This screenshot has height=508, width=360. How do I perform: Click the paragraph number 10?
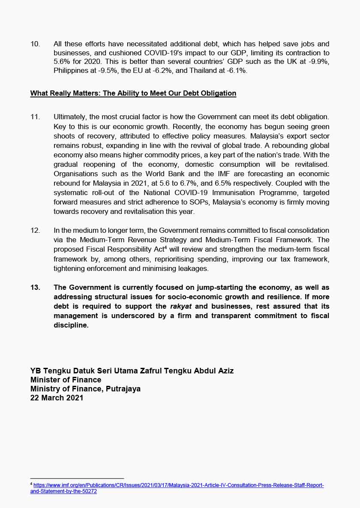(x=35, y=44)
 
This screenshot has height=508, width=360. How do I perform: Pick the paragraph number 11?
(x=35, y=117)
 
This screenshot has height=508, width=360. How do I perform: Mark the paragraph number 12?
(x=35, y=231)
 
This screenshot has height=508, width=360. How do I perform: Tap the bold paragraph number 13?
(x=36, y=287)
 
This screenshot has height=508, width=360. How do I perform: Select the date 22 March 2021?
(x=57, y=398)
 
